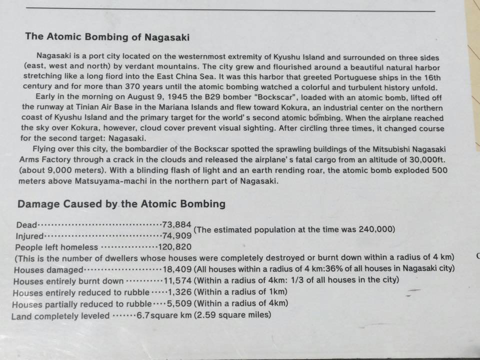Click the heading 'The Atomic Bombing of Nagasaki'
tap(107, 37)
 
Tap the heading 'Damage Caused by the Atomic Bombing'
tap(121, 204)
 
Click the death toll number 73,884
tap(177, 224)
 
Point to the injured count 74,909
tap(177, 235)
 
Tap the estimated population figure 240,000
tap(376, 229)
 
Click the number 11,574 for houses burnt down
tap(178, 280)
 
